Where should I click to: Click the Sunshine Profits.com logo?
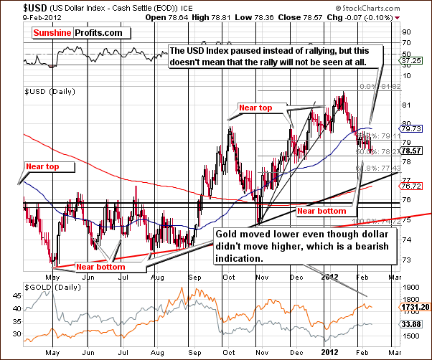76,33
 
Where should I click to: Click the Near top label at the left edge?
49,167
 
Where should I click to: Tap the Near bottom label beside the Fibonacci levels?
321,212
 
